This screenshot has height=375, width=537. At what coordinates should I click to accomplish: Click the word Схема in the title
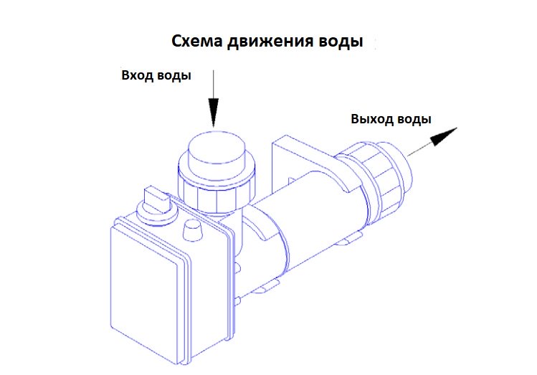197,41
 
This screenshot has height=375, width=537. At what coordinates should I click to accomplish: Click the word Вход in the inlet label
136,75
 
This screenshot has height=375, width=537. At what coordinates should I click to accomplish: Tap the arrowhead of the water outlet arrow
444,136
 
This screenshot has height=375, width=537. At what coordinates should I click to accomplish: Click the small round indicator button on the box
192,229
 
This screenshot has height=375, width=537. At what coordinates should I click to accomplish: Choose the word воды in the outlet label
414,120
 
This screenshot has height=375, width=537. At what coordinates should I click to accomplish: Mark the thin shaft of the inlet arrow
214,85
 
